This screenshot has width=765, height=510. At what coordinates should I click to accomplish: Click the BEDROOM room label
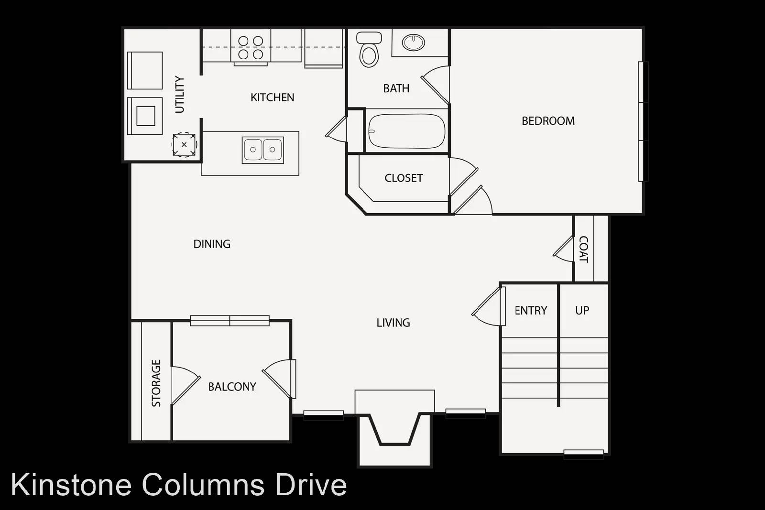[548, 121]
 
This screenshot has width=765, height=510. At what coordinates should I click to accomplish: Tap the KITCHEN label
[272, 98]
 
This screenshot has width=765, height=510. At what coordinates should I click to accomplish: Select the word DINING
[212, 244]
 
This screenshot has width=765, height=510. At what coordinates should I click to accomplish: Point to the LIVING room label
[393, 323]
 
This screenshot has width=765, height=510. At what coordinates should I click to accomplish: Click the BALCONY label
[232, 387]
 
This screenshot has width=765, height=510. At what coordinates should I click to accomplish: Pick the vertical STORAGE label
[156, 383]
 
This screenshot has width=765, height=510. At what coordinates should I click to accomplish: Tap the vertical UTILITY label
[180, 95]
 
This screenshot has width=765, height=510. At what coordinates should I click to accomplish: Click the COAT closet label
[583, 249]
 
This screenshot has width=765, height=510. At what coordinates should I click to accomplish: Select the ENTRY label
[531, 311]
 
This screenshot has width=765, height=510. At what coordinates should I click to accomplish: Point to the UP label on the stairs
[582, 311]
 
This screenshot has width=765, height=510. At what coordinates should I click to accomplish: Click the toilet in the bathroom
[369, 49]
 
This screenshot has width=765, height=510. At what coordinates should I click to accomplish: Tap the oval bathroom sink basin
[413, 43]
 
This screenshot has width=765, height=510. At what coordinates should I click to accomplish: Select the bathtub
[407, 131]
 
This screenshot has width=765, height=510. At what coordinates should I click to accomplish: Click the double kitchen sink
[262, 150]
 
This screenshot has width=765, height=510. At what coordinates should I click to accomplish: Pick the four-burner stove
[251, 47]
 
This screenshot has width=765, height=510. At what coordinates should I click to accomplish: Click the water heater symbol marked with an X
[184, 145]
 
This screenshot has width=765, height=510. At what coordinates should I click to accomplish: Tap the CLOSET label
[404, 178]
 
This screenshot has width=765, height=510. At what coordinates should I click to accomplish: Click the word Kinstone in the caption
[71, 485]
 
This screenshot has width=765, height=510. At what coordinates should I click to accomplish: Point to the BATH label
[396, 89]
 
